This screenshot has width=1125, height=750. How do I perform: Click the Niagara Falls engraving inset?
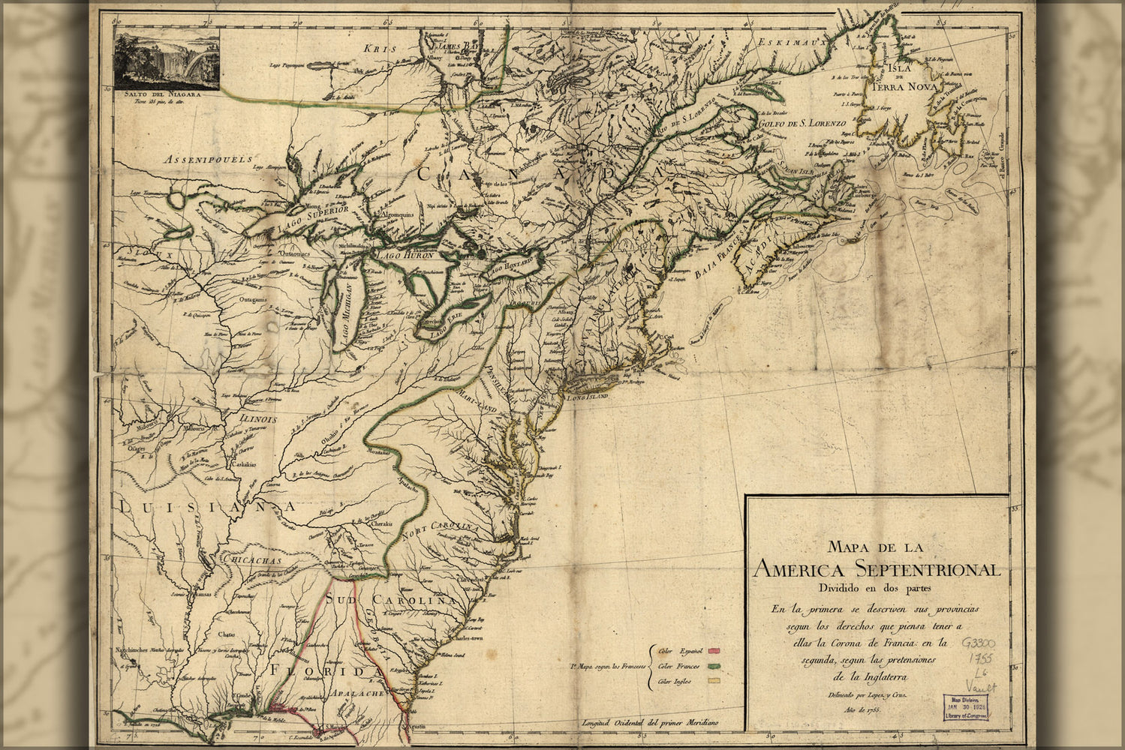tap(167, 59)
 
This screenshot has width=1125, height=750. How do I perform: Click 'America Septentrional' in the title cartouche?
tap(877, 568)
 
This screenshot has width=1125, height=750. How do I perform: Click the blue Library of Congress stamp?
tap(965, 706)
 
